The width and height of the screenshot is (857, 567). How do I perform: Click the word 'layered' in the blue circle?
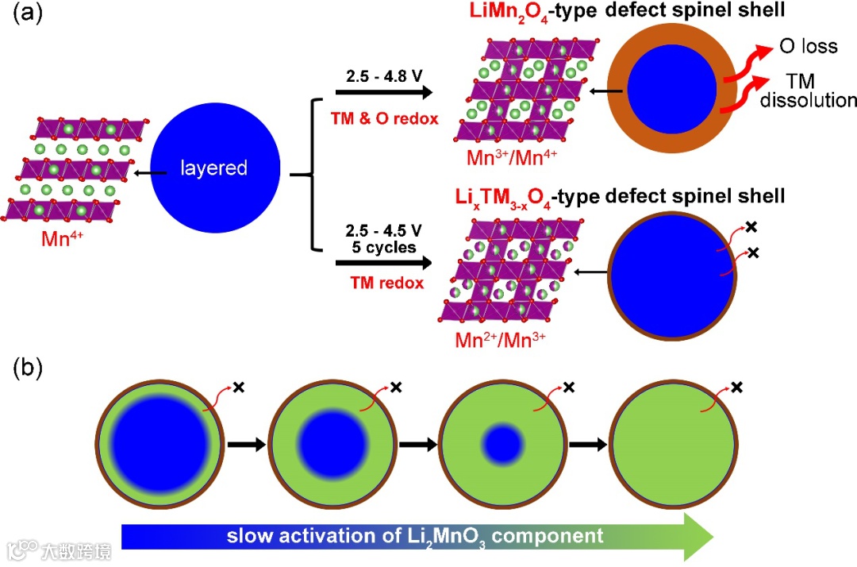tap(213, 168)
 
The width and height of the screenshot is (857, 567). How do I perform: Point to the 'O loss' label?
tap(808, 46)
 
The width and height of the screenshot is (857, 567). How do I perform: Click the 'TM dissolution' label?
tap(817, 91)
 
